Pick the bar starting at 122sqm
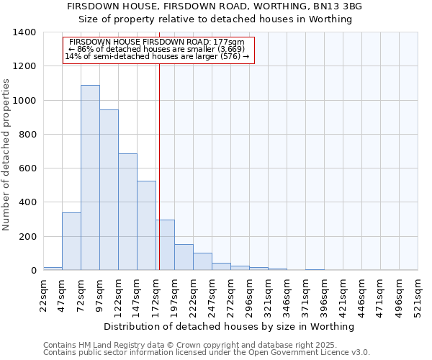(x=127, y=212)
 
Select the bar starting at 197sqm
(x=184, y=257)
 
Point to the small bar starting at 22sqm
(x=53, y=269)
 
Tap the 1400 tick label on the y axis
(x=24, y=32)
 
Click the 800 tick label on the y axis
(x=27, y=135)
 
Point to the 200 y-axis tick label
(x=27, y=237)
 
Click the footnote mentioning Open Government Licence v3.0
(x=207, y=352)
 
